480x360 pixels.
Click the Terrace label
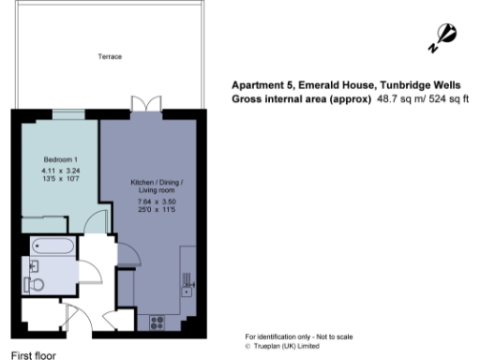click(110, 57)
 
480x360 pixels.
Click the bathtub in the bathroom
click(54, 247)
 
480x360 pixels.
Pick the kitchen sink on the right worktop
click(187, 282)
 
